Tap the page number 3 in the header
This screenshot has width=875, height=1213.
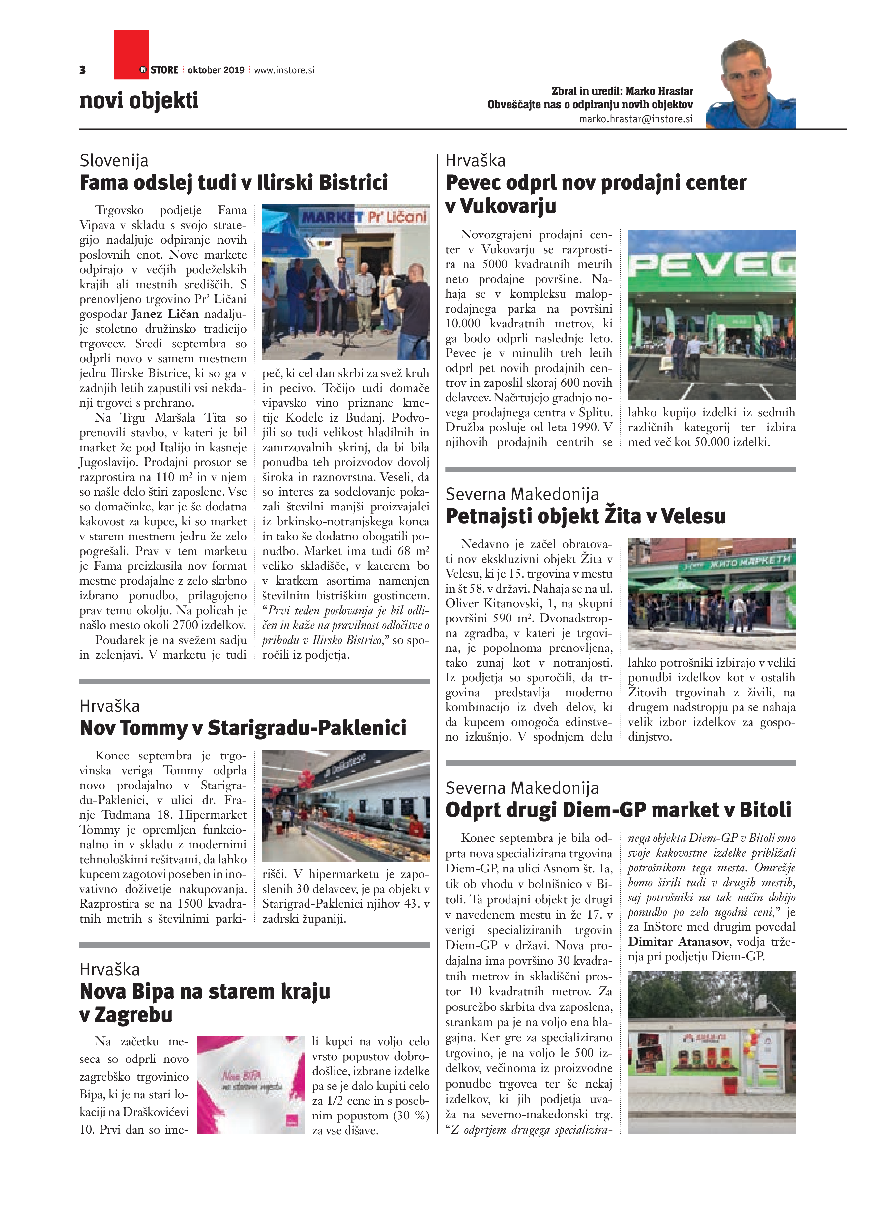(82, 70)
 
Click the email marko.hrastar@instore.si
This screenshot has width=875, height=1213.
(636, 119)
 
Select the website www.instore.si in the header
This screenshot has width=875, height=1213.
(284, 70)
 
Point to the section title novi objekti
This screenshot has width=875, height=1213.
(139, 100)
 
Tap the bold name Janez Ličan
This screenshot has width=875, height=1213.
(165, 314)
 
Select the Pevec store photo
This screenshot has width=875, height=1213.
(711, 315)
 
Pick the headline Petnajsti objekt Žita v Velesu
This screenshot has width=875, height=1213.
(585, 516)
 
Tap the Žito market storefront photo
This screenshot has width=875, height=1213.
(711, 594)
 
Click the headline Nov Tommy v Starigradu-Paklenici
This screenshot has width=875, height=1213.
(243, 728)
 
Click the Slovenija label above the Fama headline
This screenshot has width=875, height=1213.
(114, 160)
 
